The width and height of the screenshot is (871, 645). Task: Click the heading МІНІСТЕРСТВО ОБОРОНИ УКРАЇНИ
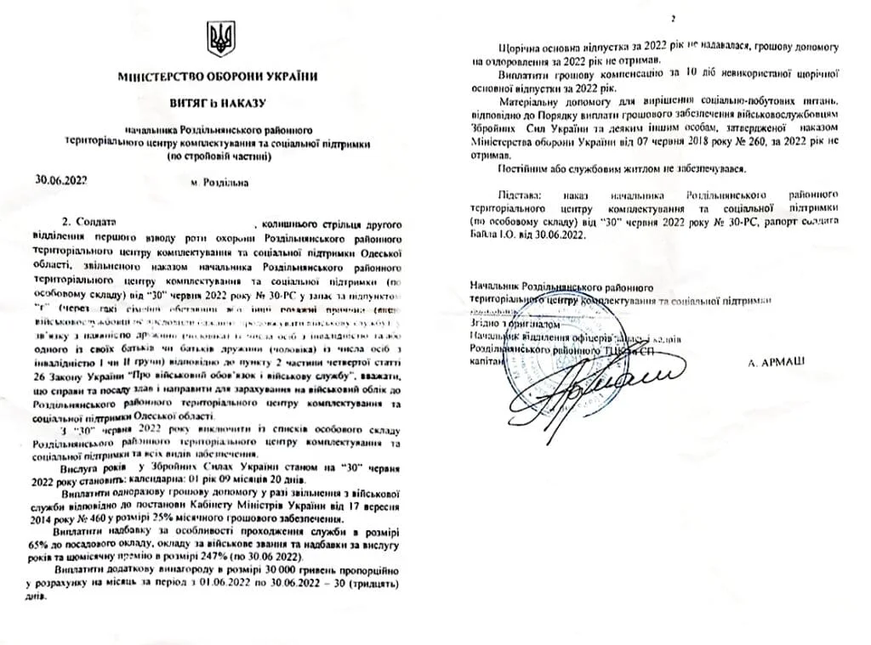(219, 76)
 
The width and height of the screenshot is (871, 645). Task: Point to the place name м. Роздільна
(219, 182)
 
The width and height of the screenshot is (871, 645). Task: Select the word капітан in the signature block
(486, 362)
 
